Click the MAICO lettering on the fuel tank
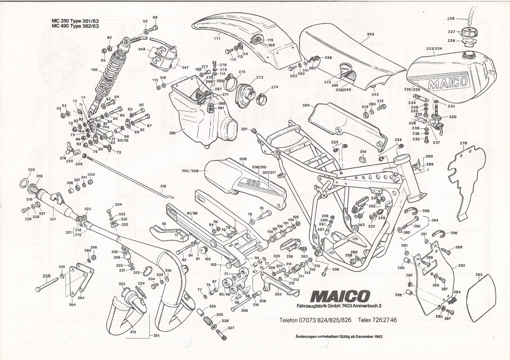point(446,83)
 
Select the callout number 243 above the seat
point(370,34)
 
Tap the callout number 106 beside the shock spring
point(95,70)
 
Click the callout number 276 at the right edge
point(464,143)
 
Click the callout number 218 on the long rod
point(162,186)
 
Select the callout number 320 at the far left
point(31,170)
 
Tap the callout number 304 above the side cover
point(305,106)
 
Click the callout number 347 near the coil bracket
point(185,67)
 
